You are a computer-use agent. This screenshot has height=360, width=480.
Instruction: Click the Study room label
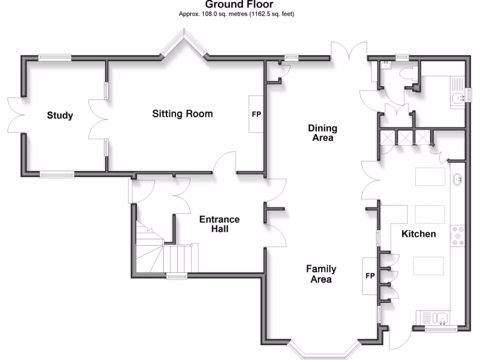coord(60,115)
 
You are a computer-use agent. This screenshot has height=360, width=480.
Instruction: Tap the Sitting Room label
coord(182,114)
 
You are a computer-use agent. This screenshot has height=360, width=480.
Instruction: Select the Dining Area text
coord(322,133)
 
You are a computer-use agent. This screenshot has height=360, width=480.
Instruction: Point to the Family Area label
coord(321,274)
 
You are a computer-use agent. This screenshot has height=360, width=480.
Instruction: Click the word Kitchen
coord(419,234)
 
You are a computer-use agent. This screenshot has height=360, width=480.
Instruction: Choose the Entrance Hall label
coord(219,224)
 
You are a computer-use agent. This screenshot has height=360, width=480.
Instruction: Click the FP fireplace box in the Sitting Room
coord(256,114)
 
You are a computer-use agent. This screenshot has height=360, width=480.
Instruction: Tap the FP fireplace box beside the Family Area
coord(370,276)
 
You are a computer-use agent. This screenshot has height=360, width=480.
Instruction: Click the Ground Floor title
coord(239,5)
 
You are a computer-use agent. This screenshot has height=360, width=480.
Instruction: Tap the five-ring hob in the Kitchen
coord(457,236)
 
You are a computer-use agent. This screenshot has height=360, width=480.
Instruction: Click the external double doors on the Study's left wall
coord(16,115)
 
